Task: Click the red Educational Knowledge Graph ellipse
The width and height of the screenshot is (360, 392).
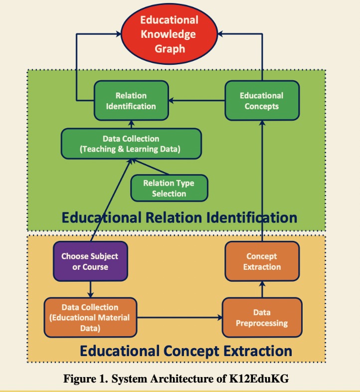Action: pyautogui.click(x=169, y=34)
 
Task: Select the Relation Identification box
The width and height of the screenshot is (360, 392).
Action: pyautogui.click(x=131, y=101)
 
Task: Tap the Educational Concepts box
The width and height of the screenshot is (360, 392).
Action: pyautogui.click(x=261, y=101)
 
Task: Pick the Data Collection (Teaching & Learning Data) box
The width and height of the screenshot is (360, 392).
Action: pyautogui.click(x=131, y=143)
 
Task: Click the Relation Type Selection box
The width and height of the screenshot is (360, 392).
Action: pyautogui.click(x=169, y=188)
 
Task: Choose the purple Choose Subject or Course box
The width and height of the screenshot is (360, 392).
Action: pyautogui.click(x=90, y=261)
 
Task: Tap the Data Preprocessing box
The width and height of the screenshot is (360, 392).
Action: pyautogui.click(x=262, y=318)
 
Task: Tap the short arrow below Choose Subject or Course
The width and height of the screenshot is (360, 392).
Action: pyautogui.click(x=90, y=289)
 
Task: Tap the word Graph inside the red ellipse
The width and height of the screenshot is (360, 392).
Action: pyautogui.click(x=169, y=48)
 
